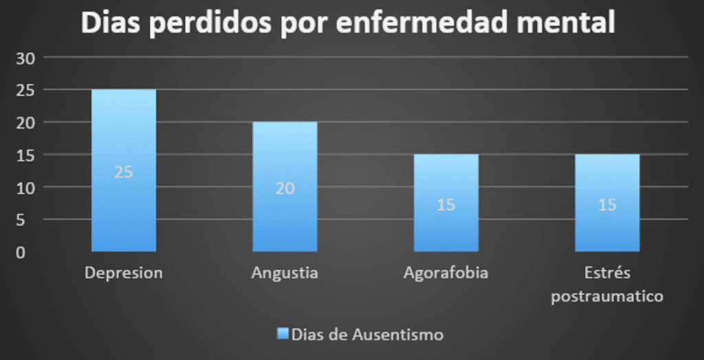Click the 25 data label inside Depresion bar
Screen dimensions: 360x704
(124, 172)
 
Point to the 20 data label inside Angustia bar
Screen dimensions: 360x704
(285, 188)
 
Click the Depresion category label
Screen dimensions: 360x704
(124, 273)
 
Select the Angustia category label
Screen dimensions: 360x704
(285, 273)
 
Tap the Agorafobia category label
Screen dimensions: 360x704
(445, 273)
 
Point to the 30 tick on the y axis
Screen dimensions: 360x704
(25, 58)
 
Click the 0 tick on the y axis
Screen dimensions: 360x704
(21, 252)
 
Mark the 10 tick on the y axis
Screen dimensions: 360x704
(25, 188)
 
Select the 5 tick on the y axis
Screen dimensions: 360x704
(21, 220)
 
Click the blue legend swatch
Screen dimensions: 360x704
(282, 334)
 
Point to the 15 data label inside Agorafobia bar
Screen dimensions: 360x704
(445, 205)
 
